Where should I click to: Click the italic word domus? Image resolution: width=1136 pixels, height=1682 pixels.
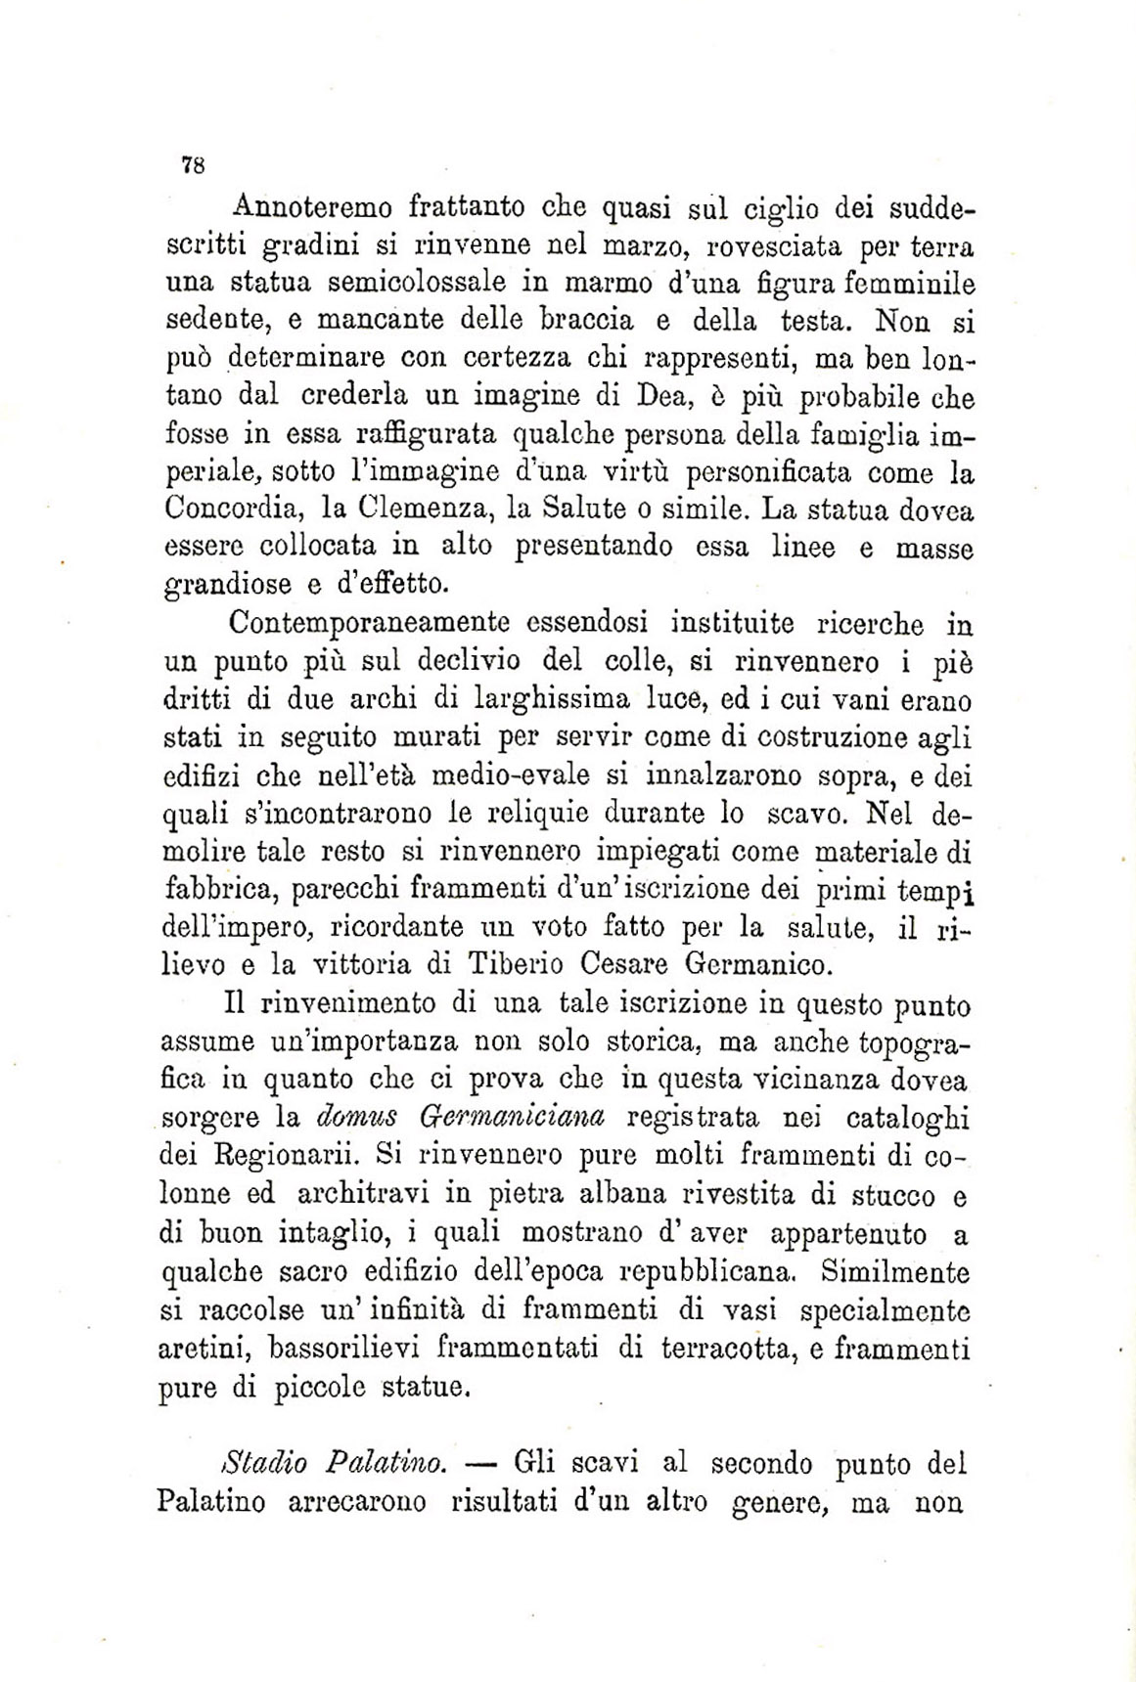(x=357, y=1116)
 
